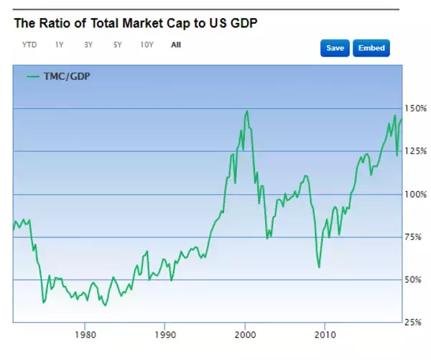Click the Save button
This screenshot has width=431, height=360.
click(335, 48)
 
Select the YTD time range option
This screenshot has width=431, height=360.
click(29, 45)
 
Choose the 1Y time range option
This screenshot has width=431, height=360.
click(59, 45)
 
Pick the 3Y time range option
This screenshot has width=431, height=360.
click(88, 45)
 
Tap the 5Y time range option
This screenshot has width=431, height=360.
click(117, 45)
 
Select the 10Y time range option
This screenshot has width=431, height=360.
click(147, 45)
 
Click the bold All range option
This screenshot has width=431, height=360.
click(176, 45)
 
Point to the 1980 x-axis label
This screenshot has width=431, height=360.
click(85, 334)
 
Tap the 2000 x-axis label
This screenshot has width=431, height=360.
click(245, 334)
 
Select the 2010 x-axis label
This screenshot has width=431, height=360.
click(325, 334)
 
